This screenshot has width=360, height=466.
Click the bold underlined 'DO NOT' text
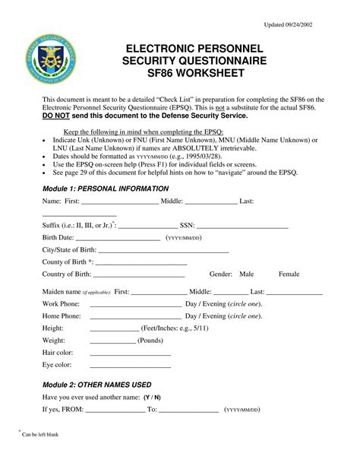pos(58,118)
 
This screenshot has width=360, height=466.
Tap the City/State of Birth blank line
pos(163,251)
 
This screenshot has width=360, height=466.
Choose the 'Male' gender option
pos(247,274)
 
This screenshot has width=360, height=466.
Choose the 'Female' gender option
pos(289,274)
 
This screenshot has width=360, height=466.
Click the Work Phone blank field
pos(135,304)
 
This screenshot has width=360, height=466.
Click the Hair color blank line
pos(130,353)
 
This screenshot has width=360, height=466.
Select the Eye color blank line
pos(130,366)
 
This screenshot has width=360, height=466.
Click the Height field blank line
pos(115,328)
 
